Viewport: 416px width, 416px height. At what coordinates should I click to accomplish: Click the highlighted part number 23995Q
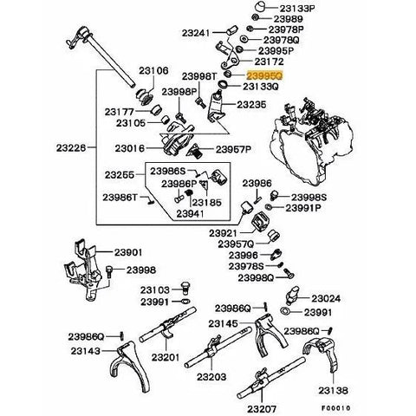pos(264,76)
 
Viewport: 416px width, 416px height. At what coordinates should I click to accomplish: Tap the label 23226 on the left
pos(71,148)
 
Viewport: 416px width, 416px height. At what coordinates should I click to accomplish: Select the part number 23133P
pos(297,9)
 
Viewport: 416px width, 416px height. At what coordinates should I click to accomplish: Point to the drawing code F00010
pos(336,408)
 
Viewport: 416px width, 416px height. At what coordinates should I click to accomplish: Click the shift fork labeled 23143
pos(132,366)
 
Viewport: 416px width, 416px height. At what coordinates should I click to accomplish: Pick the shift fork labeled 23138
pos(322,354)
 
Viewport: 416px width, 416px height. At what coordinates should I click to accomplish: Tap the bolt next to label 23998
pos(109,272)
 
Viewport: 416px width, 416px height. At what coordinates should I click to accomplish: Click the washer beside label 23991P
pos(268,207)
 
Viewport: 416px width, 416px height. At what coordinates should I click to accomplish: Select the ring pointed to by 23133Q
pos(223,85)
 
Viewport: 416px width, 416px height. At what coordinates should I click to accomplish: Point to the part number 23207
pos(262,409)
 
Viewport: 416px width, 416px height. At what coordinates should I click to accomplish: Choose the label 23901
pos(128,252)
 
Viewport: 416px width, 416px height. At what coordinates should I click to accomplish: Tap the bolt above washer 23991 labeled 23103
pos(185,288)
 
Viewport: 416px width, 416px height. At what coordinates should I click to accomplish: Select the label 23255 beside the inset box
pos(120,175)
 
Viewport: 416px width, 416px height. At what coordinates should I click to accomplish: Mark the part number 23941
pos(190,213)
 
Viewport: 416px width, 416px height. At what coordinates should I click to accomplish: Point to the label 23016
pos(130,148)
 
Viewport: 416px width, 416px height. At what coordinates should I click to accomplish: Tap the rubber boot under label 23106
pos(146,96)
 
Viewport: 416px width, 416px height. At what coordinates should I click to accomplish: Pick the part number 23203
pos(211,377)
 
